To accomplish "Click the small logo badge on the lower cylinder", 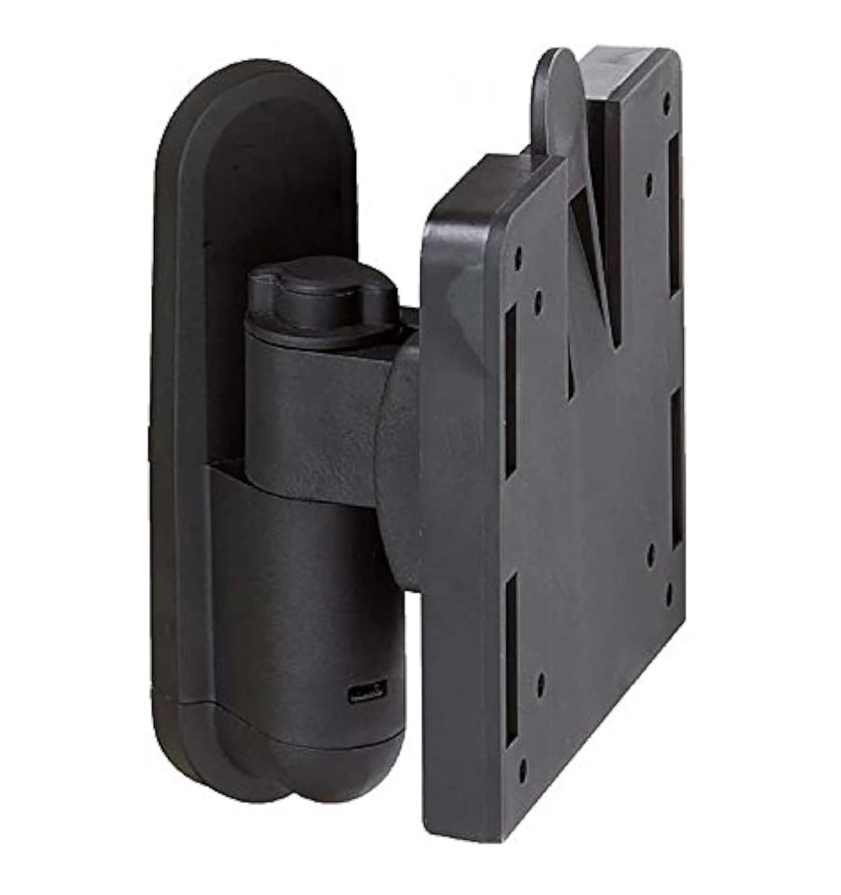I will pos(366,693).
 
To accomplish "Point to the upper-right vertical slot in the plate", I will pos(675,215).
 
